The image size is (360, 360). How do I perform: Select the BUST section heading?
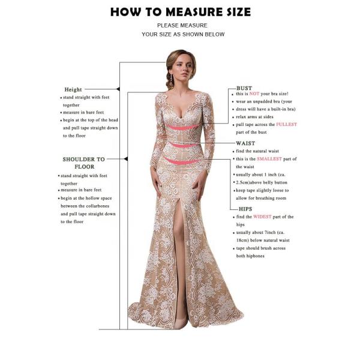244,88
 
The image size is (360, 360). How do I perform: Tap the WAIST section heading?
245,144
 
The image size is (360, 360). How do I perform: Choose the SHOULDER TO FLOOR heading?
84,163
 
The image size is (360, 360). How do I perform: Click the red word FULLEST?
286,124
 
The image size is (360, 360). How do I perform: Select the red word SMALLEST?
268,158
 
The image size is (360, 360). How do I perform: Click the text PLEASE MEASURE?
182,25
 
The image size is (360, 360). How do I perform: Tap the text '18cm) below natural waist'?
266,239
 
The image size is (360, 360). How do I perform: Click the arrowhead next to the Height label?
118,89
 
